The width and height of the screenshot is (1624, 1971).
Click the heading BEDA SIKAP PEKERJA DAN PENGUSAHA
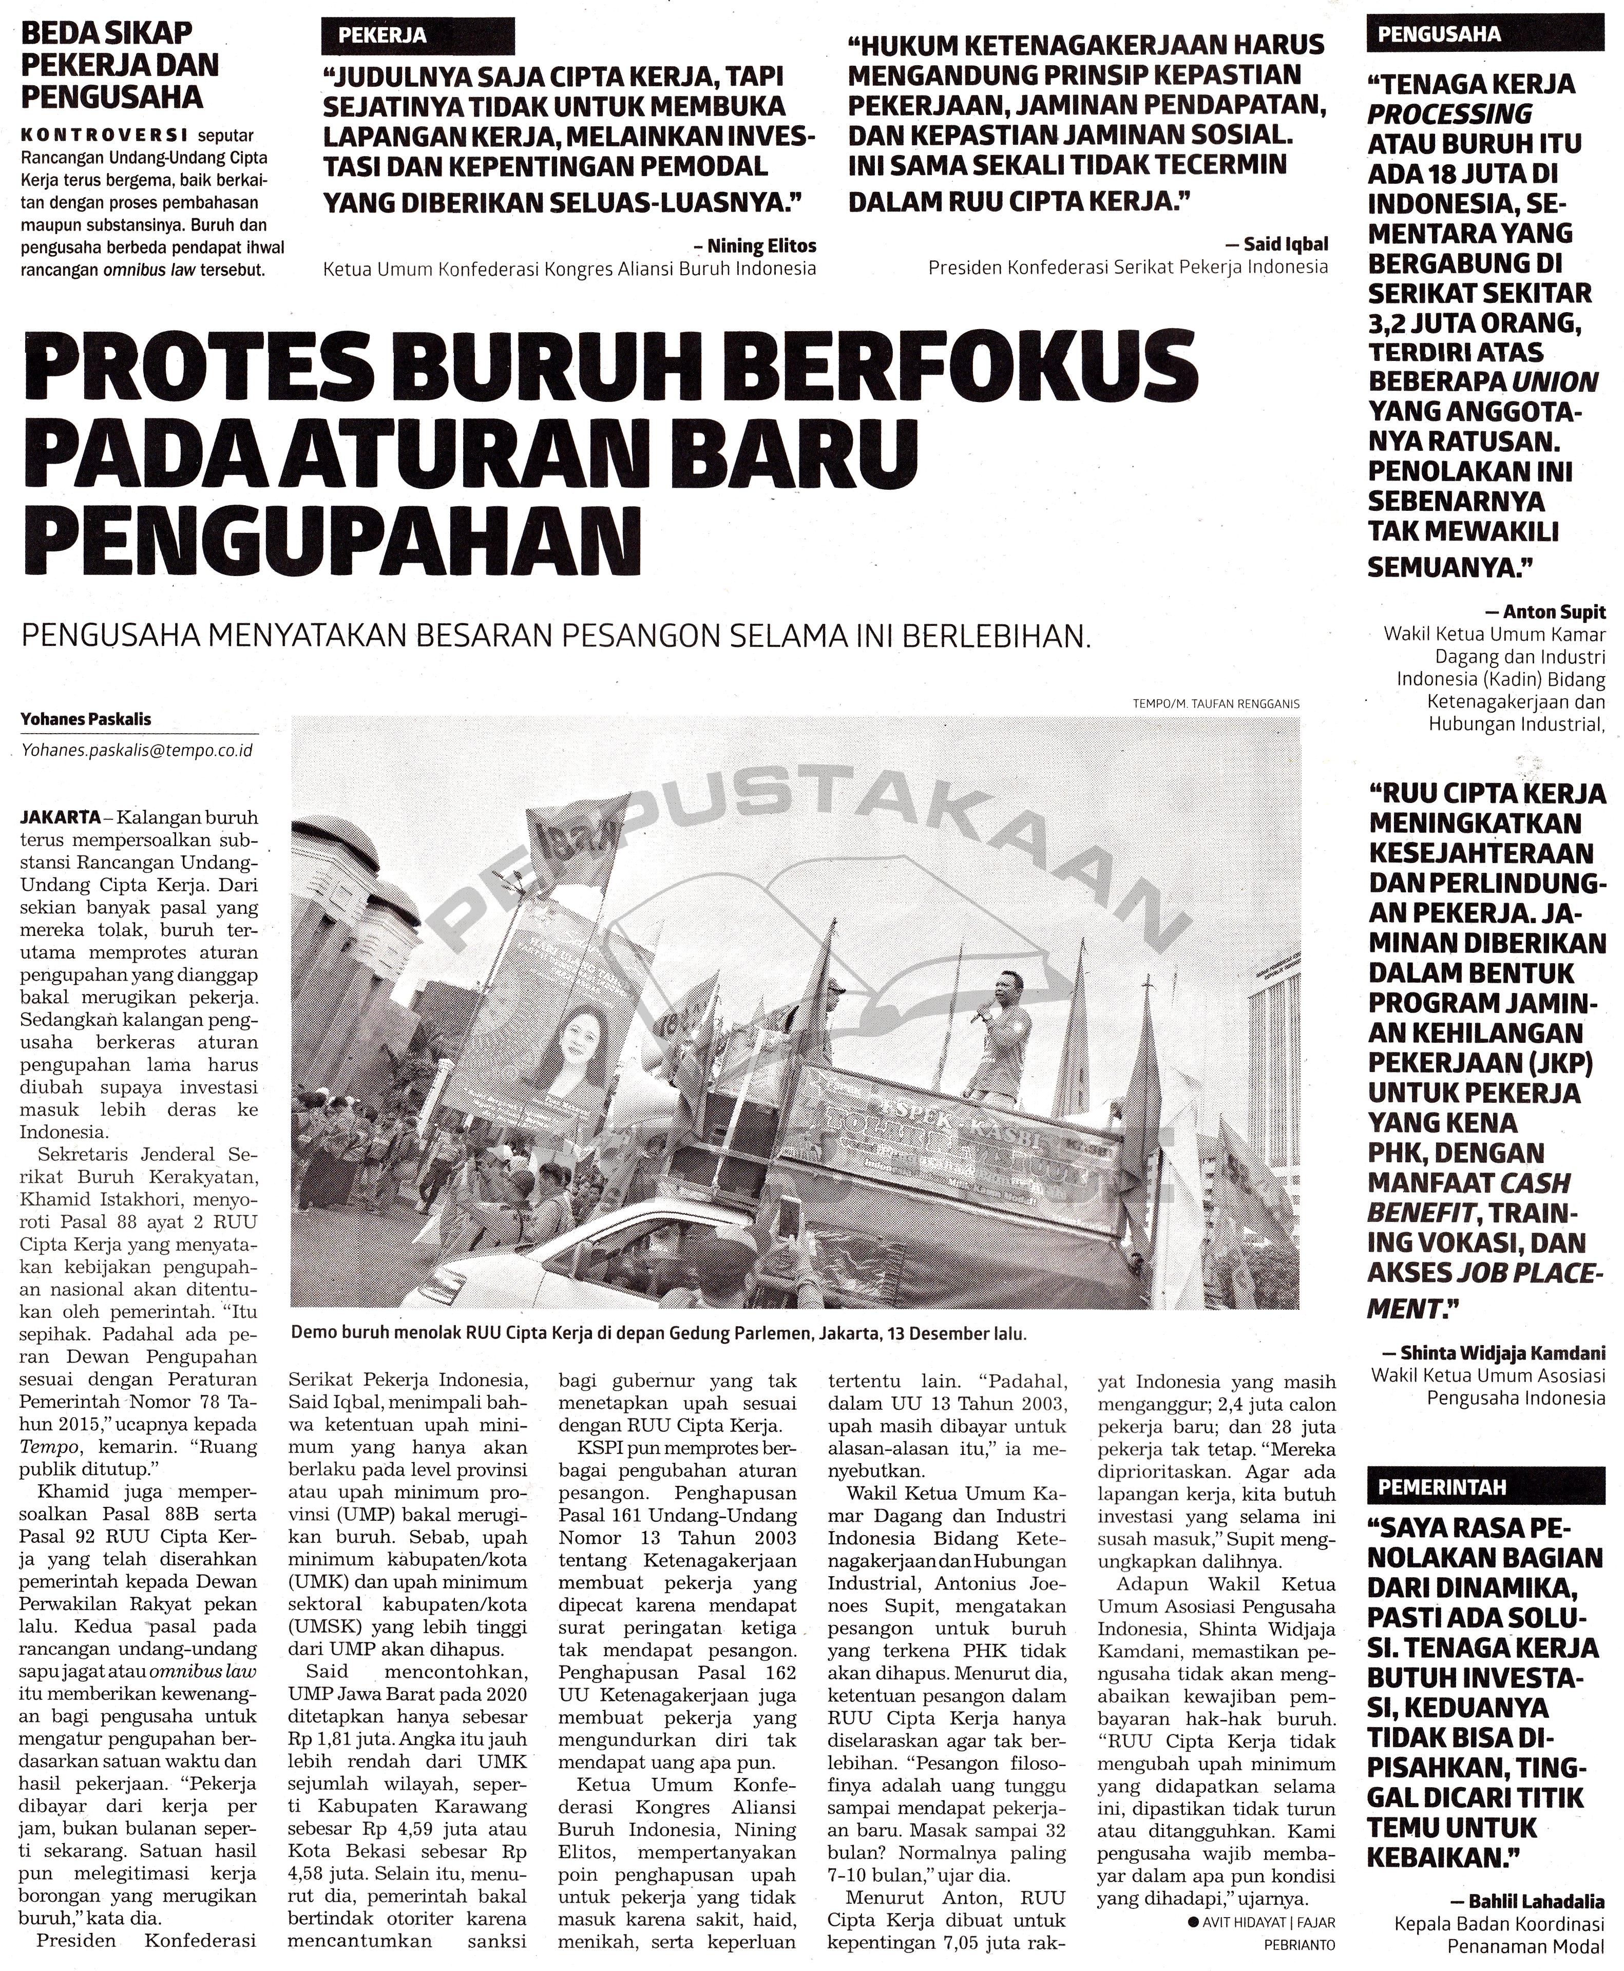click(x=120, y=65)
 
